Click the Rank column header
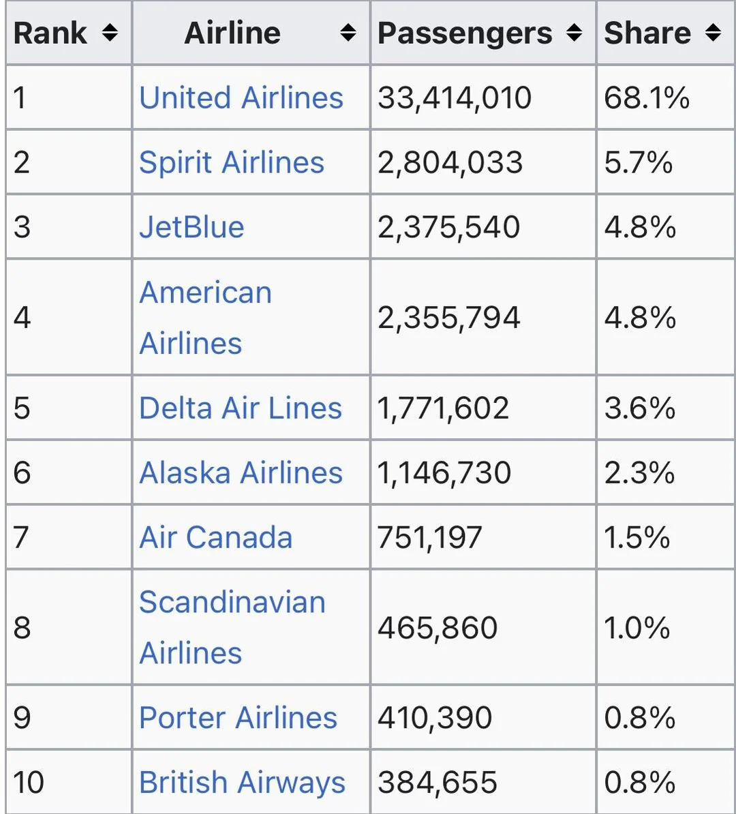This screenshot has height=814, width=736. click(x=50, y=33)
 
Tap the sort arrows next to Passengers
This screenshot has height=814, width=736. click(x=574, y=33)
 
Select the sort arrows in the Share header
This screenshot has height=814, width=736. click(x=714, y=33)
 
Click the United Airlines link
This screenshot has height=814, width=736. click(x=241, y=97)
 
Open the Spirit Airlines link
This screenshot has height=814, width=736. click(x=232, y=162)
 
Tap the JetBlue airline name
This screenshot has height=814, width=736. click(x=191, y=227)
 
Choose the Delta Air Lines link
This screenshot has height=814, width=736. click(x=241, y=408)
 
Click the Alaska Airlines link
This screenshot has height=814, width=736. click(x=241, y=472)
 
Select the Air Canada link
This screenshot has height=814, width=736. click(x=216, y=537)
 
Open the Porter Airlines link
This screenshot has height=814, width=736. click(x=238, y=717)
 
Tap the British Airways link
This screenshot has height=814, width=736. click(x=242, y=782)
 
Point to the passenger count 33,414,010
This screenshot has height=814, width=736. click(x=455, y=97)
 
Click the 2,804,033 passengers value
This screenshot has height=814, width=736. click(x=450, y=162)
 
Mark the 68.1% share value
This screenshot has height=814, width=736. click(x=647, y=97)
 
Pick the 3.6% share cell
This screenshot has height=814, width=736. click(x=640, y=408)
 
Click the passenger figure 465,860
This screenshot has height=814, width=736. click(x=438, y=627)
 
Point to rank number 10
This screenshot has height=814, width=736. click(x=29, y=782)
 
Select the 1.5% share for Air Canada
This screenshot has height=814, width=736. click(x=637, y=537)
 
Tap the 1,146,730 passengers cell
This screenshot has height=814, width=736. click(x=444, y=472)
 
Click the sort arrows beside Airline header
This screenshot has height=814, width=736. click(x=348, y=33)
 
